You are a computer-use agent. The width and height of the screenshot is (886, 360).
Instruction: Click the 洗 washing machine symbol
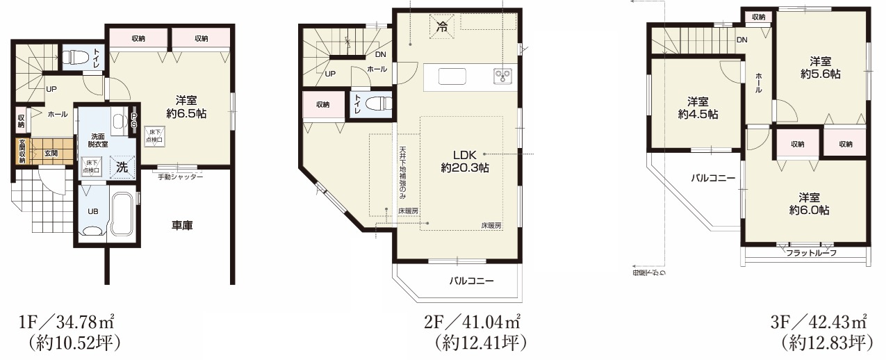tap(122, 167)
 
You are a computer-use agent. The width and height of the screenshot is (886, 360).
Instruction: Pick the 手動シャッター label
tap(180, 177)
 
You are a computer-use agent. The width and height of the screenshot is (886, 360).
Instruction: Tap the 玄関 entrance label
tap(51, 153)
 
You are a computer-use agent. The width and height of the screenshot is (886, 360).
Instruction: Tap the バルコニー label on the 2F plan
tap(471, 281)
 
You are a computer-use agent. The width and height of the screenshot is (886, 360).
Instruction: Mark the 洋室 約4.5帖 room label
tap(698, 108)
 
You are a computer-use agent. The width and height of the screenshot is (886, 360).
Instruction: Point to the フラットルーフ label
tap(811, 253)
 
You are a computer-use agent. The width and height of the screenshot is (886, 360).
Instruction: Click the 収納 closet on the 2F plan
tap(322, 105)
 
